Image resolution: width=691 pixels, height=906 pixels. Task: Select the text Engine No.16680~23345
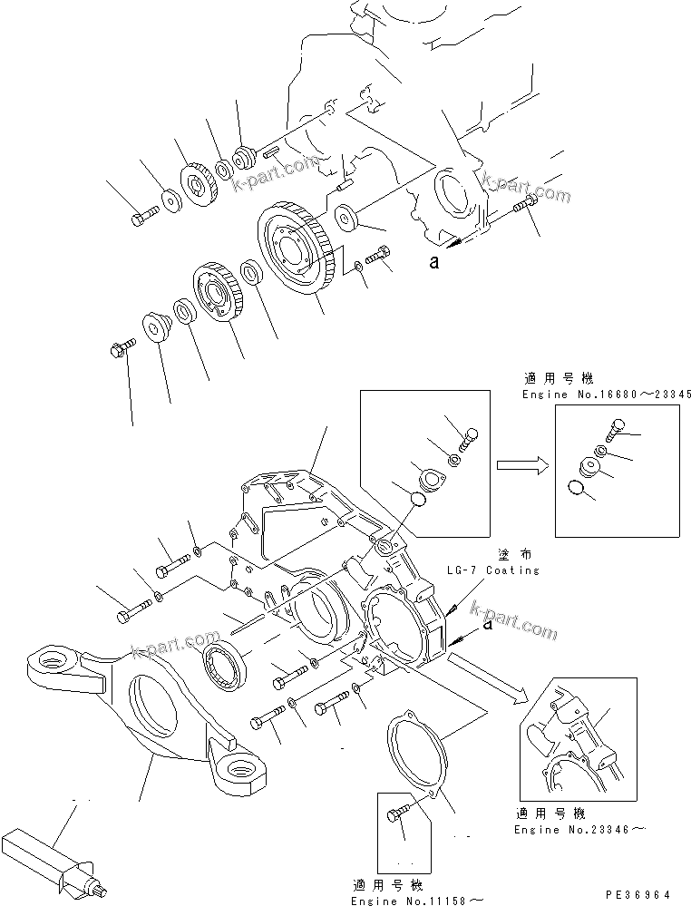607,395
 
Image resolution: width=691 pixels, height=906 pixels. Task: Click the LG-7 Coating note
492,570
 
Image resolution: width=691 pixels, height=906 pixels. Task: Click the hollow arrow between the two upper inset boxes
520,465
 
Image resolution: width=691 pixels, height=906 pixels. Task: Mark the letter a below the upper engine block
434,263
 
